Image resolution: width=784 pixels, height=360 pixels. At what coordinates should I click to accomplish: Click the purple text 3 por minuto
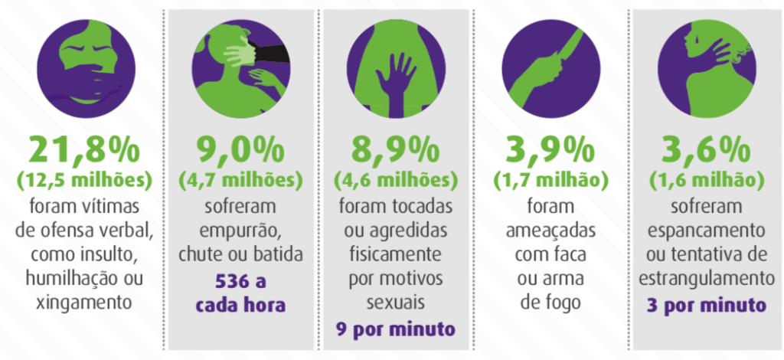click(705, 304)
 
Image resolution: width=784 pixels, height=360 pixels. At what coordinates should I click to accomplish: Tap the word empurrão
click(240, 231)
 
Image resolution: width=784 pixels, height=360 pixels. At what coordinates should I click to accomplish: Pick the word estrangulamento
click(705, 280)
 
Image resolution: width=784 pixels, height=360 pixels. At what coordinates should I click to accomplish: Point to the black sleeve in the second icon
click(272, 52)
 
